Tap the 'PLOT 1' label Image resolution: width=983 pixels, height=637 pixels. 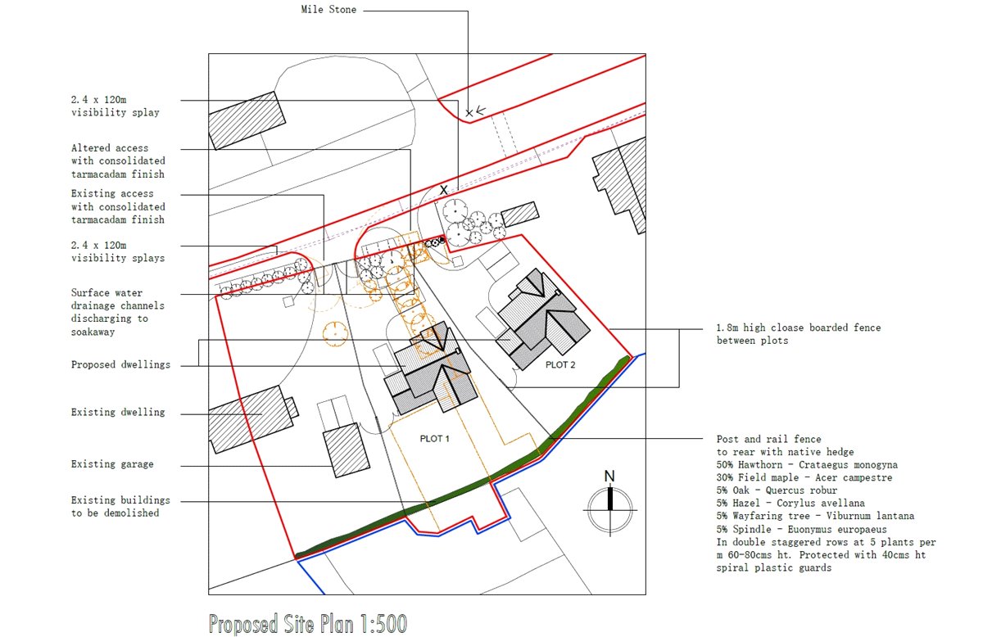pyautogui.click(x=435, y=439)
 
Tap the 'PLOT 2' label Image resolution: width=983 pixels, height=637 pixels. pyautogui.click(x=560, y=365)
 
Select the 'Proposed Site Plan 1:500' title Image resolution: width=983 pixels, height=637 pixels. pyautogui.click(x=307, y=624)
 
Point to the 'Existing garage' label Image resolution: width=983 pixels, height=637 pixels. pyautogui.click(x=112, y=464)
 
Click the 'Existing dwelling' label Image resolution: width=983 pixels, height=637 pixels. pyautogui.click(x=118, y=412)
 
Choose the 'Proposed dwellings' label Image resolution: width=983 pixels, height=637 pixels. pyautogui.click(x=120, y=364)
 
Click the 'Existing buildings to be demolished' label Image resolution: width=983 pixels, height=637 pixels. pyautogui.click(x=120, y=507)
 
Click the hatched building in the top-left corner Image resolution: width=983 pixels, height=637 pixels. pyautogui.click(x=245, y=120)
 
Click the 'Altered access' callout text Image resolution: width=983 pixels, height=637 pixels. pyautogui.click(x=118, y=161)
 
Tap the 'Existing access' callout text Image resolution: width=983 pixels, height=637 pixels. pyautogui.click(x=118, y=206)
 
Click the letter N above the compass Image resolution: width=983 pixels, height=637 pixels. pyautogui.click(x=609, y=477)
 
